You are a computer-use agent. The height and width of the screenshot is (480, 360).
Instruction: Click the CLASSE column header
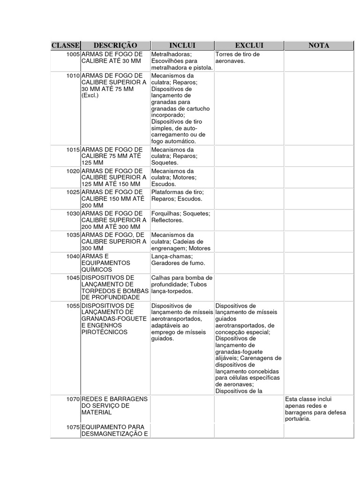coord(66,45)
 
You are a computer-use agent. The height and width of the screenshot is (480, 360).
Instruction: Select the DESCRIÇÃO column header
coord(115,45)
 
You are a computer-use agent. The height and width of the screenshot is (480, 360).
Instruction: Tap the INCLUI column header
coord(182,45)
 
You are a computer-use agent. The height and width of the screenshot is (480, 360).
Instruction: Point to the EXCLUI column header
coord(249,45)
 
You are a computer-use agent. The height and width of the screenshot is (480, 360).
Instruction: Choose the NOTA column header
coord(319,45)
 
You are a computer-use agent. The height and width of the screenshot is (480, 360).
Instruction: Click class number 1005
coord(73,54)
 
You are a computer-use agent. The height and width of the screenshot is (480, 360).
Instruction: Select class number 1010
coord(73,75)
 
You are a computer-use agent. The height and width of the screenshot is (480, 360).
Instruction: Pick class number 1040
coord(73,256)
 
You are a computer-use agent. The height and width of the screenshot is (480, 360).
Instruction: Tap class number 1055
coord(73,306)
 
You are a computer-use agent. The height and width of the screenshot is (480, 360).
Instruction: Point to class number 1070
coord(73,399)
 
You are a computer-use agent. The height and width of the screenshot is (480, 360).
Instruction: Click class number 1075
coord(73,427)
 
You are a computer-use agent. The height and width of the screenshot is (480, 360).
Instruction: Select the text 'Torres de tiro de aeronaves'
coord(237,58)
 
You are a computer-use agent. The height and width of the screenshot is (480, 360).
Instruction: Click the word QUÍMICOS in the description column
coord(97,270)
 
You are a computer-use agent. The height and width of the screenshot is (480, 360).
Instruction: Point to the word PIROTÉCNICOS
coord(104,332)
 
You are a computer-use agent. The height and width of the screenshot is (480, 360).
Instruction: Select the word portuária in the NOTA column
coord(298,419)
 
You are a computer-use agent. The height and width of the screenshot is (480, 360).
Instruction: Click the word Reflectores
coord(167,220)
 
